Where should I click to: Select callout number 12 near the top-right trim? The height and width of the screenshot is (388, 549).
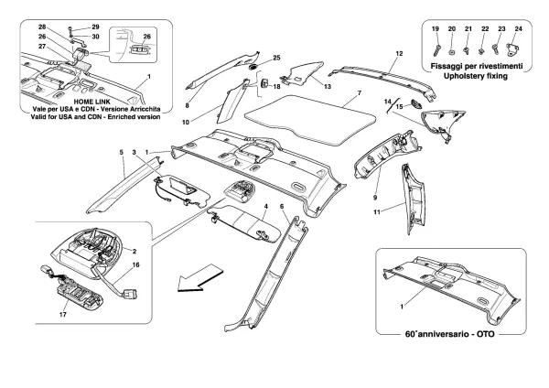tap(398, 55)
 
